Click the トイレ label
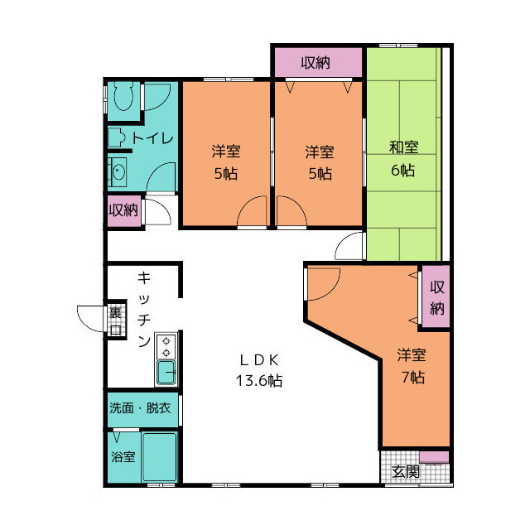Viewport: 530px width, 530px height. point(152,138)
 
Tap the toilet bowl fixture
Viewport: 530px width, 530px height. point(123,95)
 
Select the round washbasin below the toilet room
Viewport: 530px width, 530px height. point(118,172)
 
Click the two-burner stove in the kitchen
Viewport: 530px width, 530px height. point(166,346)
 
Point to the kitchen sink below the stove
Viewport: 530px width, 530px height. point(166,373)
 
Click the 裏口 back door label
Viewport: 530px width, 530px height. point(116,320)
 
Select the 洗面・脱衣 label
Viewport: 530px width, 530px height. point(140,408)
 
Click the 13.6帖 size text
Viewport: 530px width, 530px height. point(259,381)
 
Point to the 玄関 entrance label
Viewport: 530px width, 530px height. point(406,471)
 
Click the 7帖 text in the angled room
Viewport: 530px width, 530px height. point(412,378)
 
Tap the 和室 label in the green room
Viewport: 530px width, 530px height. point(403,147)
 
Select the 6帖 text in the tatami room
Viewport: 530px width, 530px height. point(402,170)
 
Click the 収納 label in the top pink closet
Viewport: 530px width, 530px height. point(316,63)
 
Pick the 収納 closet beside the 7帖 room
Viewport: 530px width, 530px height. point(436,296)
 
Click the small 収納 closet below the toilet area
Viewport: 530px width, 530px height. point(123,210)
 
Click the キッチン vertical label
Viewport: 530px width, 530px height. point(144,309)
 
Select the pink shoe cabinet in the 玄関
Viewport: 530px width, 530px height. point(434,457)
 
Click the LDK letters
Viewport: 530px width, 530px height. point(259,360)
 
